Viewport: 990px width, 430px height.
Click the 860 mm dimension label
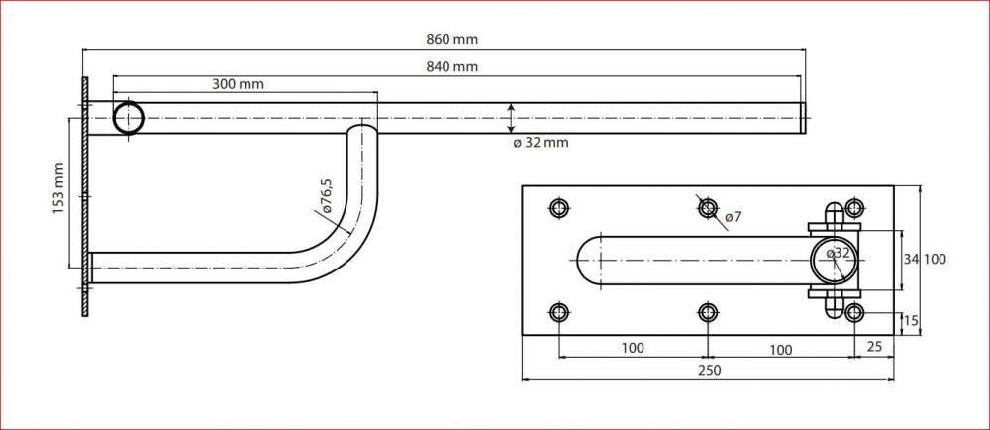pyautogui.click(x=453, y=40)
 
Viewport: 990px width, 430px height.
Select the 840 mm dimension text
pyautogui.click(x=453, y=67)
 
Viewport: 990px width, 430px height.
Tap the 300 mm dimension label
pyautogui.click(x=238, y=84)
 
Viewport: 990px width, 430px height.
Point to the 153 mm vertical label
pyautogui.click(x=59, y=188)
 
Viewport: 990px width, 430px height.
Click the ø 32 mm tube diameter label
pyautogui.click(x=541, y=143)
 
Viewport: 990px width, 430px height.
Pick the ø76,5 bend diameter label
pyautogui.click(x=325, y=196)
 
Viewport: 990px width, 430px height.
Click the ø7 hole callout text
pyautogui.click(x=733, y=217)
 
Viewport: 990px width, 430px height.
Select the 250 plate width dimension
pyautogui.click(x=710, y=370)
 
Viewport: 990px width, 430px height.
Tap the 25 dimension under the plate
pyautogui.click(x=875, y=347)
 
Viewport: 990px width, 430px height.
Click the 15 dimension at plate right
pyautogui.click(x=911, y=321)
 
